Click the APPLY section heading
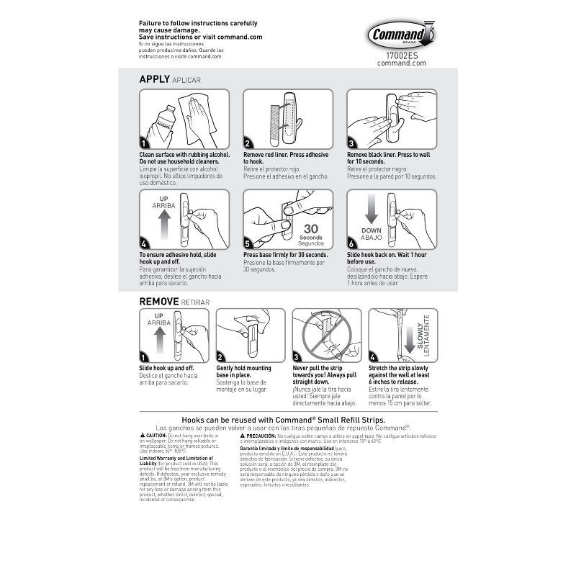pyautogui.click(x=154, y=79)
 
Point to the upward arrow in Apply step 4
pyautogui.click(x=163, y=226)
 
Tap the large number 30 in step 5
pyautogui.click(x=311, y=230)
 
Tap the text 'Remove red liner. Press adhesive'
pyautogui.click(x=286, y=155)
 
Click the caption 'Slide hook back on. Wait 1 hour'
pyautogui.click(x=390, y=255)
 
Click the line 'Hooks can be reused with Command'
pyautogui.click(x=284, y=418)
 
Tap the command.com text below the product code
pyautogui.click(x=402, y=63)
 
